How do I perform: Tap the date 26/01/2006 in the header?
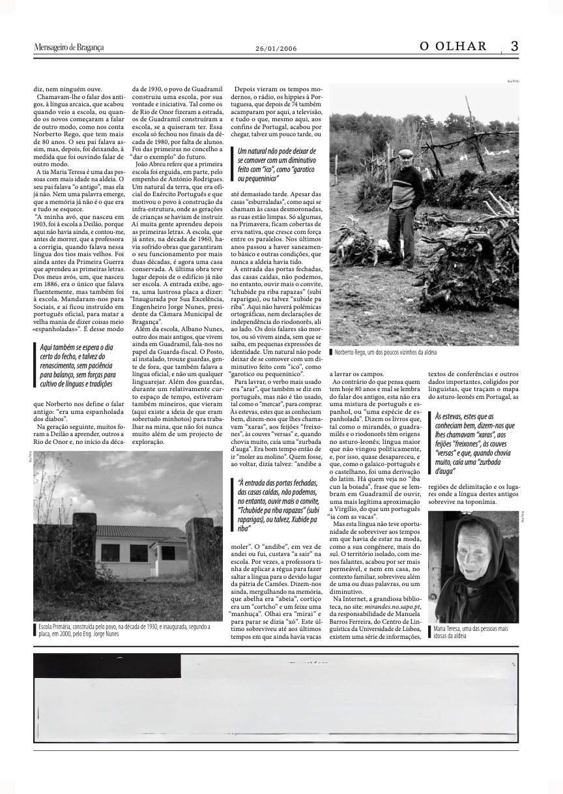click(x=276, y=48)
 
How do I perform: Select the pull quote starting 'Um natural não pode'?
click(x=278, y=164)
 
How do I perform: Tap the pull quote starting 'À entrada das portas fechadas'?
click(x=278, y=507)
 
